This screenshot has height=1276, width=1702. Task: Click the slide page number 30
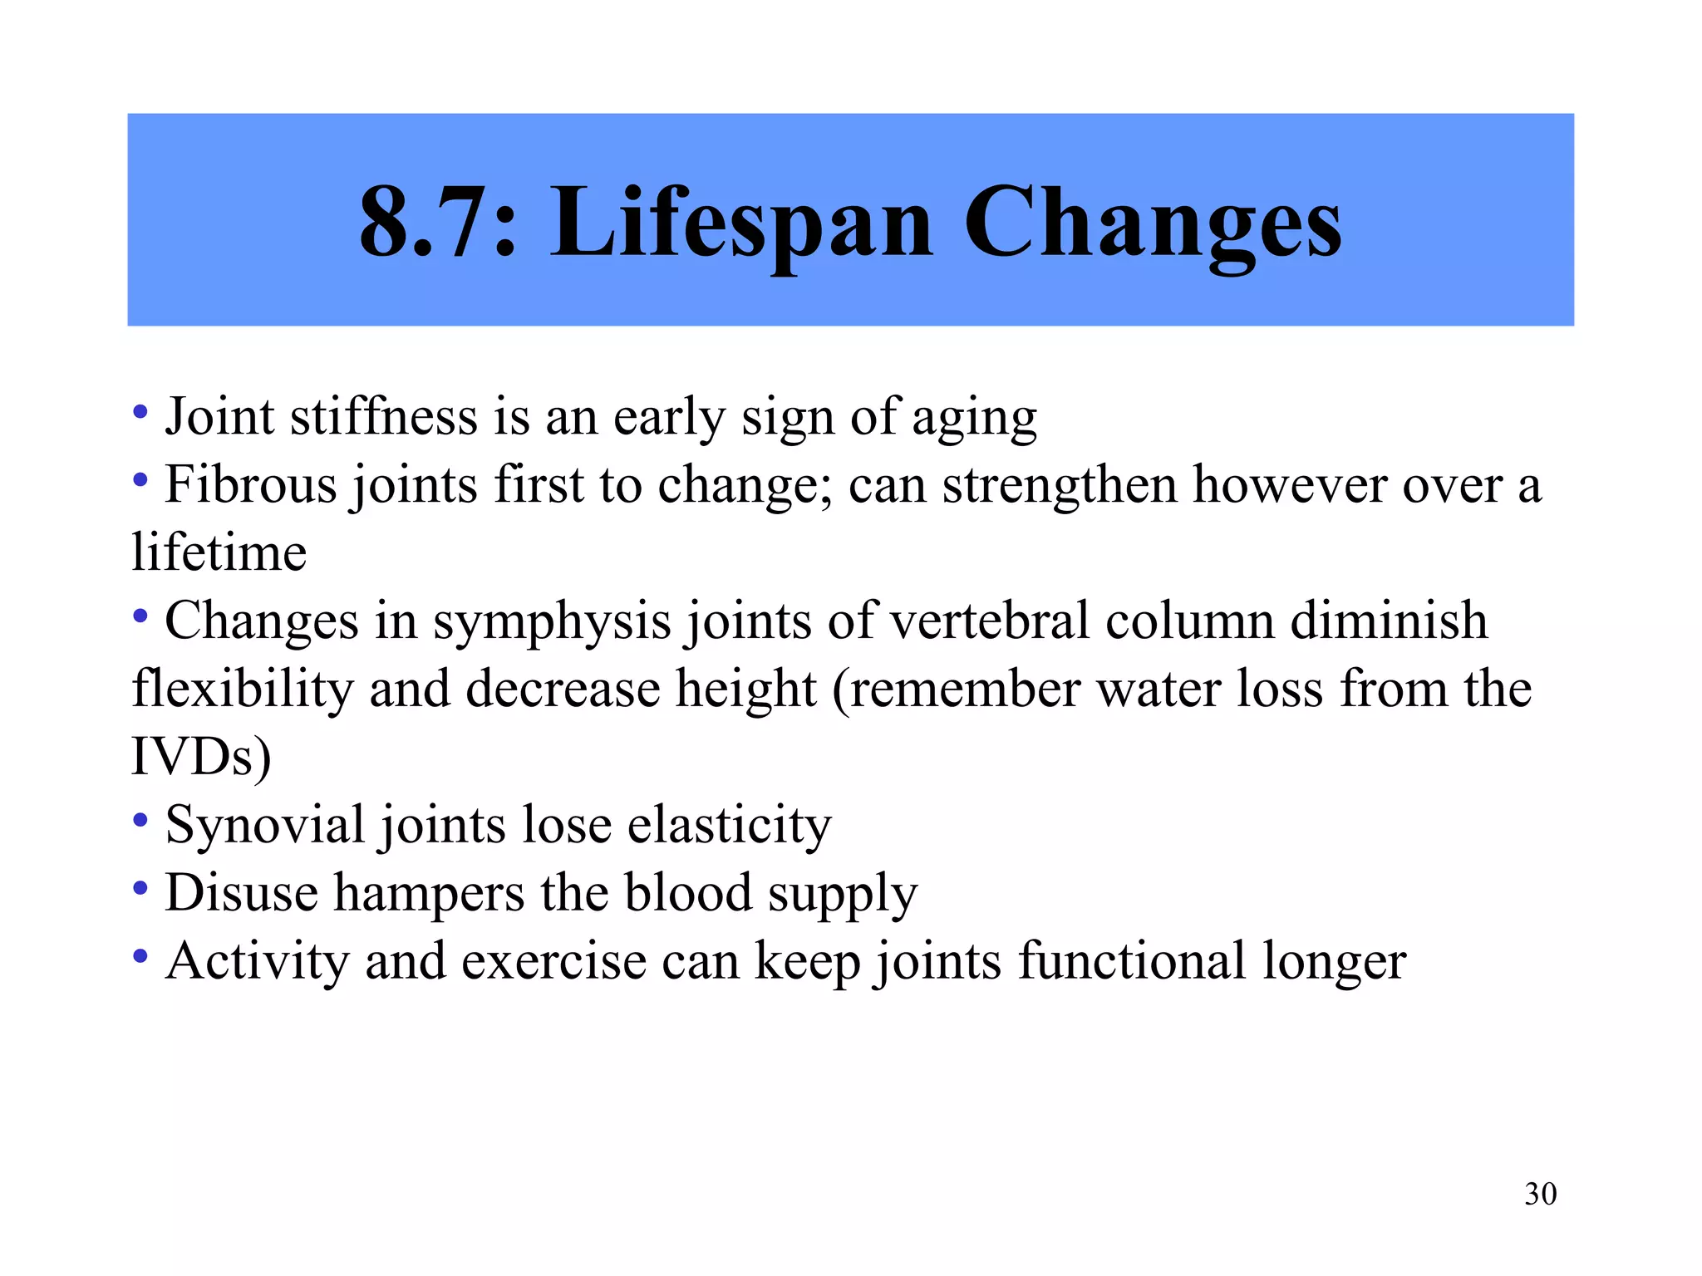tap(1540, 1194)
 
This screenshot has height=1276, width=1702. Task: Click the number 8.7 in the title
tap(429, 223)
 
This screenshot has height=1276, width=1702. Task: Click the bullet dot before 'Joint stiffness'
tap(140, 411)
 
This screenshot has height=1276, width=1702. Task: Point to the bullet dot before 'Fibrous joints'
tap(140, 479)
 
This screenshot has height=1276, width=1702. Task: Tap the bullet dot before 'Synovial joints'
tap(140, 820)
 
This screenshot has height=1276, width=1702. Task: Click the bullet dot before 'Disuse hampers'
tap(140, 888)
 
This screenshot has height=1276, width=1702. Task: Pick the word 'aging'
tap(974, 418)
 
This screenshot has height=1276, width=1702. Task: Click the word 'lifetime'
tap(219, 552)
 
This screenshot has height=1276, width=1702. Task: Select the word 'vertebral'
tap(990, 620)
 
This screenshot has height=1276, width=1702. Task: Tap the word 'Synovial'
tap(265, 826)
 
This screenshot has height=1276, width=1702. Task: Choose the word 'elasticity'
tap(729, 826)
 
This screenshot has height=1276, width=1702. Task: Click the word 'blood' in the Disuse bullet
tap(687, 892)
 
